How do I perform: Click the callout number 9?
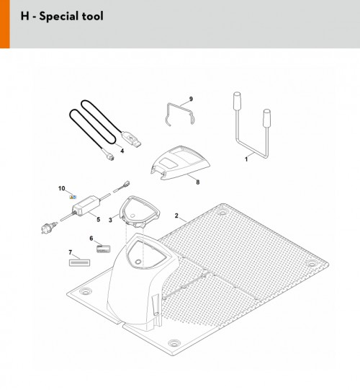(x=191, y=99)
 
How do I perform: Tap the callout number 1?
(x=246, y=159)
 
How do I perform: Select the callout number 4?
(x=122, y=151)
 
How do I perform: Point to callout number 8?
(x=197, y=182)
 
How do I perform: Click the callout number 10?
(x=62, y=189)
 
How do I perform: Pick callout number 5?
(x=99, y=220)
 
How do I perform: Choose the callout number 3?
(x=110, y=220)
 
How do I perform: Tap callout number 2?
(x=176, y=216)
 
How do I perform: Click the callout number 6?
(x=91, y=239)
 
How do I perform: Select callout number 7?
(x=71, y=253)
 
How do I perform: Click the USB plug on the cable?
(x=131, y=139)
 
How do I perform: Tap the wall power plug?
(x=48, y=227)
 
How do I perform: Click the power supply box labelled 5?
(x=86, y=205)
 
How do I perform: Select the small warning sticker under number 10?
(x=73, y=198)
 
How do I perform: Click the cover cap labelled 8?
(x=181, y=163)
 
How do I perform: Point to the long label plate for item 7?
(x=79, y=262)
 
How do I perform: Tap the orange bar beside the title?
(x=5, y=24)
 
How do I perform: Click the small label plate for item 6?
(x=104, y=249)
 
